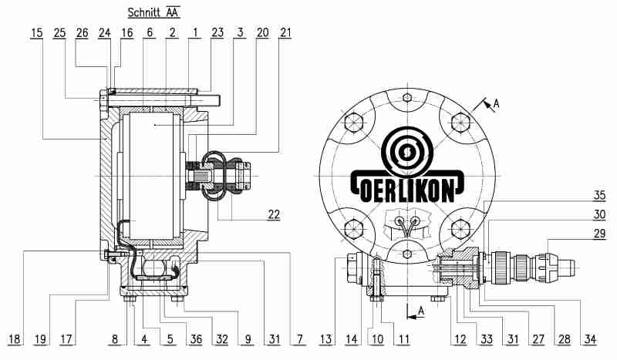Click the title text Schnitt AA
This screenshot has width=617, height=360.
(x=153, y=12)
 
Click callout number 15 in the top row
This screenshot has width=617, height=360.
(x=36, y=32)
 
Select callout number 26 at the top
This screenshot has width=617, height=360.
(x=83, y=32)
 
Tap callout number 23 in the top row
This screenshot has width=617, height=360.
(x=217, y=32)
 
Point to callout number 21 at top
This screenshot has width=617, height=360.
(x=285, y=32)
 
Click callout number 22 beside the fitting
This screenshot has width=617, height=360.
(x=274, y=214)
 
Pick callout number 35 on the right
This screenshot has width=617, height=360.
(x=599, y=195)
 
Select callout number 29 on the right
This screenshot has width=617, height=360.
(x=599, y=234)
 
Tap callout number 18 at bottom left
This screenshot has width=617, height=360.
(x=15, y=339)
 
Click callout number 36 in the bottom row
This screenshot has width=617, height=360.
(x=196, y=339)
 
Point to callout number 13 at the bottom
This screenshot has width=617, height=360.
(x=325, y=339)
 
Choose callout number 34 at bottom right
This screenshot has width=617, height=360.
(x=591, y=339)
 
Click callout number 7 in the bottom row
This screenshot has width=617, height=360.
(x=300, y=339)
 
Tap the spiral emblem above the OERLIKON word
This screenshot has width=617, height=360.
(x=407, y=151)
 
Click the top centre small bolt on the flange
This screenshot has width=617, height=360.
(x=408, y=97)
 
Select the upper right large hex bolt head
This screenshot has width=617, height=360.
(x=460, y=122)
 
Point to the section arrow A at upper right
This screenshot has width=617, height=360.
(x=487, y=105)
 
